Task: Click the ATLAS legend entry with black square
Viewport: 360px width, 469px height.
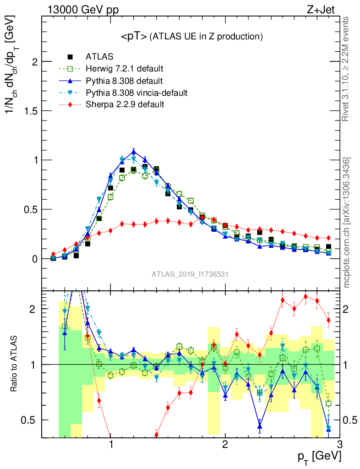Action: pos(99,57)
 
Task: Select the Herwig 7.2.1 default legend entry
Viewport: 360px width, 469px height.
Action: pos(124,69)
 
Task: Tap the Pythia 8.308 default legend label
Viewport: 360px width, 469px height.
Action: pos(124,81)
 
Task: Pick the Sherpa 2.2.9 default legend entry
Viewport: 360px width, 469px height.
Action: pos(125,105)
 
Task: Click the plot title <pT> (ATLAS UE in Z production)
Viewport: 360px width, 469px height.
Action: pos(191,36)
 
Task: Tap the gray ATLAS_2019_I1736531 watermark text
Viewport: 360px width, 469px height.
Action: pos(190,274)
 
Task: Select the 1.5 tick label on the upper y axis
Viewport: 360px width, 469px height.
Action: pos(30,111)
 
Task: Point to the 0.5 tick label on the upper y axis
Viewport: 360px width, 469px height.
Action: pos(30,209)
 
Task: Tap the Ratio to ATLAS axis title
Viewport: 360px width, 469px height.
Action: pos(15,364)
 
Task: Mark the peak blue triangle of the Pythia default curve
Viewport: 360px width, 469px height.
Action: pos(133,152)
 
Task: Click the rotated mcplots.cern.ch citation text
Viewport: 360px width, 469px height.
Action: pos(347,222)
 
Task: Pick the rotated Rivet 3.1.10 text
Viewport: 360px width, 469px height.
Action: pos(346,69)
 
